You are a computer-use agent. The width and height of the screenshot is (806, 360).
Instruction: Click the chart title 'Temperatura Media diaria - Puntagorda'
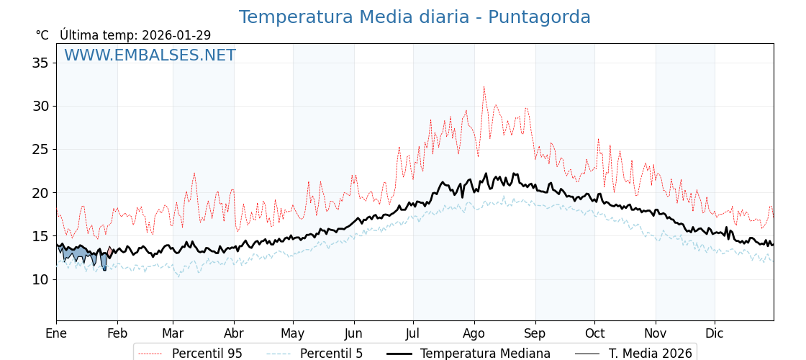(415, 17)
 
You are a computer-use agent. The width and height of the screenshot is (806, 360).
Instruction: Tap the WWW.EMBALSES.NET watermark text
(150, 55)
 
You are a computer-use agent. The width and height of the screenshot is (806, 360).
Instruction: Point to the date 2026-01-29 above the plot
(176, 35)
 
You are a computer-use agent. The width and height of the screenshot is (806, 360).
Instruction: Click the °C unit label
(42, 35)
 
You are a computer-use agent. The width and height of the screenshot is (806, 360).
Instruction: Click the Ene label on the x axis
(56, 333)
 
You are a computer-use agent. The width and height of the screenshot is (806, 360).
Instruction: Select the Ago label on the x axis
(474, 333)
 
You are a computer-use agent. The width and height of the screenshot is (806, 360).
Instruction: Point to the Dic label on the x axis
(715, 333)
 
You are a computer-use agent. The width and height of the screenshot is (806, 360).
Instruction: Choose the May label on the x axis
(293, 333)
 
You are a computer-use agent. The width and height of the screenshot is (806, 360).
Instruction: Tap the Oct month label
(594, 333)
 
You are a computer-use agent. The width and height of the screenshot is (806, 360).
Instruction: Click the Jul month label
(413, 333)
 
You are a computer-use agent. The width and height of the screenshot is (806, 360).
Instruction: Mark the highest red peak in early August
(484, 87)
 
